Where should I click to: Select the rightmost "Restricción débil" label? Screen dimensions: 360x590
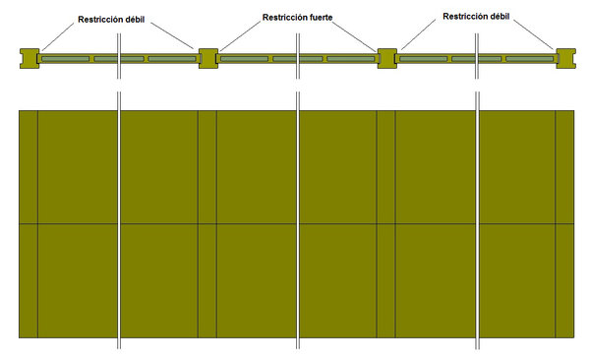point(477,17)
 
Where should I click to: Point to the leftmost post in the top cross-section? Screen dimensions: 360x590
point(29,59)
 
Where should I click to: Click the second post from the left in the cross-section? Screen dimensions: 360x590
point(207,59)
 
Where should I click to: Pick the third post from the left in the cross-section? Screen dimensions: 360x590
point(386,59)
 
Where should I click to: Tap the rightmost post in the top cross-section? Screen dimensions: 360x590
point(565,59)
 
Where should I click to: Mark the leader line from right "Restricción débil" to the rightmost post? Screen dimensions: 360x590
point(537,35)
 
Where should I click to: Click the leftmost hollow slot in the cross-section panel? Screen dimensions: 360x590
point(64,60)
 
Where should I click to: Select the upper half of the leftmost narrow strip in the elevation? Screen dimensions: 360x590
point(29,167)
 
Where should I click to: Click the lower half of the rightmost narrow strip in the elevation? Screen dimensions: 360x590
point(564,280)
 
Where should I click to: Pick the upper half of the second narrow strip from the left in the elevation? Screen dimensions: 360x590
point(206,167)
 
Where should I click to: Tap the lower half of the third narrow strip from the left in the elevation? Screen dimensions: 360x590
point(385,280)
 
